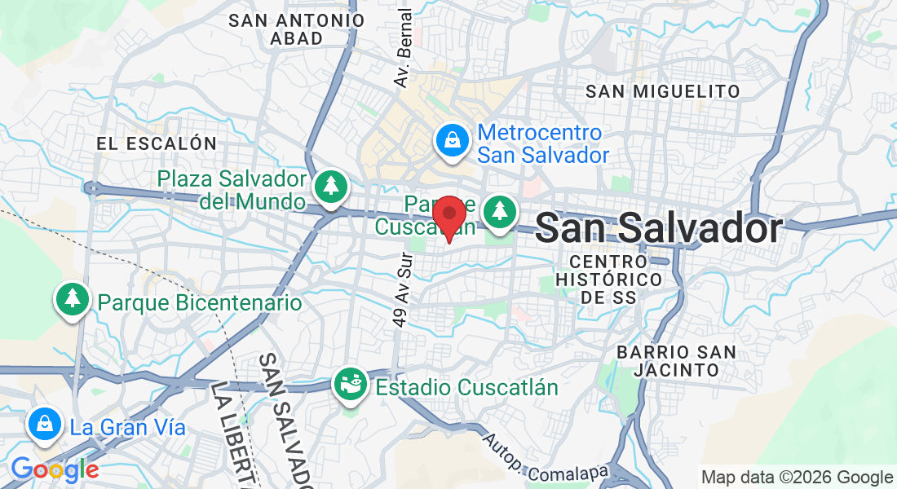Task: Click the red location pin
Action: click(448, 217)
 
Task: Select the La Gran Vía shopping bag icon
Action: click(42, 424)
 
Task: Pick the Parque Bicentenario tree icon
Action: click(73, 299)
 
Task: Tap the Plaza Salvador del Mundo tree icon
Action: click(331, 186)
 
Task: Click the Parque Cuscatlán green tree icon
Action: click(499, 211)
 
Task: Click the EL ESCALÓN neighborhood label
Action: click(157, 143)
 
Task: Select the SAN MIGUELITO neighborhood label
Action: click(663, 91)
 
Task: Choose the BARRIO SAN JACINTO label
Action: click(677, 360)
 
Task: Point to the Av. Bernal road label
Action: click(403, 49)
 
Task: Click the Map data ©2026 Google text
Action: click(798, 478)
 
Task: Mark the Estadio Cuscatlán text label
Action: click(466, 387)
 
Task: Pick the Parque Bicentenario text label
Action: click(200, 303)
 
